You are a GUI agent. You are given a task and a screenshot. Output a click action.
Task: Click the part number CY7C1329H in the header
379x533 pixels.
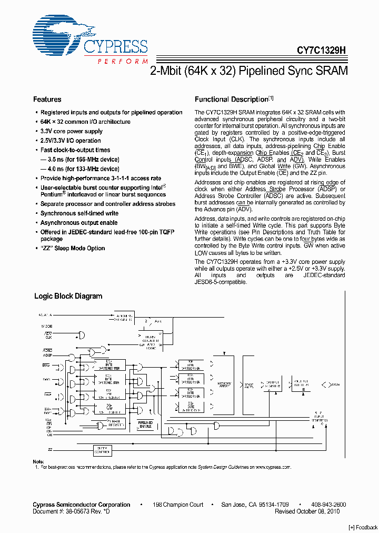click(x=321, y=51)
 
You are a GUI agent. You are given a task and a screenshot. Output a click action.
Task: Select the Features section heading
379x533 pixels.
click(x=47, y=100)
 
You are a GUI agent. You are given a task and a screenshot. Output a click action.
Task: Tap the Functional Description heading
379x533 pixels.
click(x=232, y=100)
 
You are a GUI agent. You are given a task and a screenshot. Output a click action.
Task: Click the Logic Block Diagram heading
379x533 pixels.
click(x=68, y=297)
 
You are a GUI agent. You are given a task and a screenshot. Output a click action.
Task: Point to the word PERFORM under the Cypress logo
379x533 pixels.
click(x=123, y=62)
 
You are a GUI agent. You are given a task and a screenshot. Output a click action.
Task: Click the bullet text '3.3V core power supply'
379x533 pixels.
click(x=72, y=132)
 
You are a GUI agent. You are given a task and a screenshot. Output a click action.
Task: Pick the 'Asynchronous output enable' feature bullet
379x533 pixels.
click(x=79, y=223)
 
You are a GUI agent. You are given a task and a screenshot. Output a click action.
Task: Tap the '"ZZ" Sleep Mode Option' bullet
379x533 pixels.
click(x=73, y=248)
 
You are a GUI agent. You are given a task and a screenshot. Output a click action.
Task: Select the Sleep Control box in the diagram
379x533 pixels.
click(x=102, y=450)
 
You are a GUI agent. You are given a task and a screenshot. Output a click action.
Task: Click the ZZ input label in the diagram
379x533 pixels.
click(x=50, y=450)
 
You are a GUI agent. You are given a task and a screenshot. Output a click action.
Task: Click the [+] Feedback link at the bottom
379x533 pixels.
click(x=363, y=527)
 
